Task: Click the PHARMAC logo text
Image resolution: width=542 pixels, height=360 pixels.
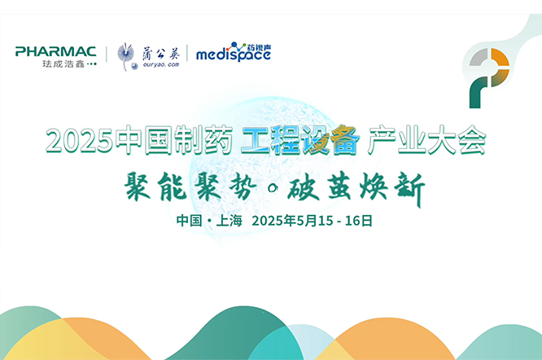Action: coord(55,51)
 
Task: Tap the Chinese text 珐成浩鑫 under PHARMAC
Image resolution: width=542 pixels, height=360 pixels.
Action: coord(63,64)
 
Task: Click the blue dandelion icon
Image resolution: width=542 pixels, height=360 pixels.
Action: coord(126,56)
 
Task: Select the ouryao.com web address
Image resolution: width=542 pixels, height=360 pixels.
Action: coord(161,64)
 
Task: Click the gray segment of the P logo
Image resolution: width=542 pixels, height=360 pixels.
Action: coord(479,57)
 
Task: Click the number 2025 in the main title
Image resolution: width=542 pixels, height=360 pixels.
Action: coord(79,140)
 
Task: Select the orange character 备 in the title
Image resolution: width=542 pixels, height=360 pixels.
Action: coord(344,139)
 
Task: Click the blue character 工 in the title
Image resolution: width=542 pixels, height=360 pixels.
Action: coord(255,139)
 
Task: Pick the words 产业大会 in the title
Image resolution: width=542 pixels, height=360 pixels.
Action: coord(427,139)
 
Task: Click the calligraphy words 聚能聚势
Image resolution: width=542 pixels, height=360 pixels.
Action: coord(190,187)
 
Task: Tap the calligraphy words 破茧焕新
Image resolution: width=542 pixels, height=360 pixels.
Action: coord(356,188)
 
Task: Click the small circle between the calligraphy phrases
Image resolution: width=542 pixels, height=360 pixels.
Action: coord(273,188)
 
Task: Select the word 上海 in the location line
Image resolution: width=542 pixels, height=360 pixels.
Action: coord(229,221)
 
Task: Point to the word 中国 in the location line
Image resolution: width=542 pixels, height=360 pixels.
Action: coord(189,221)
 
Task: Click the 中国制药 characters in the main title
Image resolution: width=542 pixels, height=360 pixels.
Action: coord(173,139)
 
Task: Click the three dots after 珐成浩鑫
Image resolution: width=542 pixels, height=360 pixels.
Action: coord(92,64)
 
